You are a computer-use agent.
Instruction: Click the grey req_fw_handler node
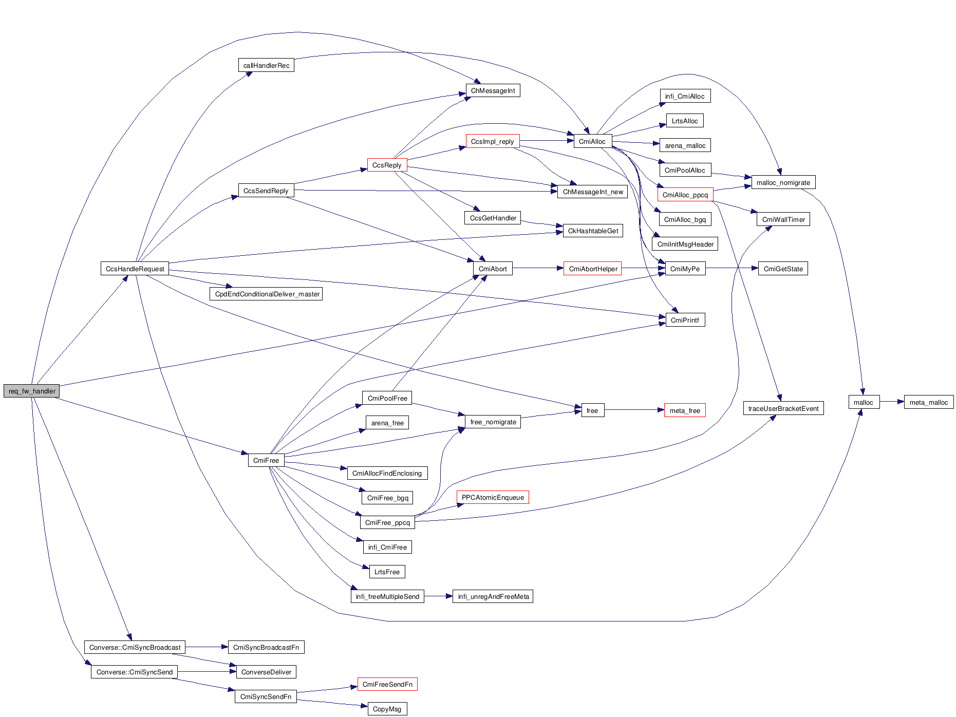point(32,391)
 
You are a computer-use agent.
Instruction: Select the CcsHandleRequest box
point(135,269)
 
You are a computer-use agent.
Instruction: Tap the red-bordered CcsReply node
point(387,165)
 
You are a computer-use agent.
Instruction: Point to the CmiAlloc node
point(592,141)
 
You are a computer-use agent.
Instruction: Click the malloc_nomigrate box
point(783,182)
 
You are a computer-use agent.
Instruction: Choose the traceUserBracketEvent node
point(783,408)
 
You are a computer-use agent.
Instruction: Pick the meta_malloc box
point(928,402)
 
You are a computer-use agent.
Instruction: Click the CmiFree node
point(266,460)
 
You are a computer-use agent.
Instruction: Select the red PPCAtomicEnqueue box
point(492,497)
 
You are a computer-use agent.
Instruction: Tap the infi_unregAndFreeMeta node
point(493,596)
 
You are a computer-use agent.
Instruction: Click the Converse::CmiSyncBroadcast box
point(135,647)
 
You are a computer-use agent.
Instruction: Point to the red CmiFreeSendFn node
point(387,684)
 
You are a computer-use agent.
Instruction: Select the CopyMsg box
point(387,709)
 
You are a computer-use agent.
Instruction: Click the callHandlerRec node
point(266,65)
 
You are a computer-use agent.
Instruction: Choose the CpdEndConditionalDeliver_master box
point(266,294)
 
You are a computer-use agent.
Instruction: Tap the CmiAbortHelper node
point(593,269)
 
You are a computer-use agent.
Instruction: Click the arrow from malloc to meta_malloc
point(892,402)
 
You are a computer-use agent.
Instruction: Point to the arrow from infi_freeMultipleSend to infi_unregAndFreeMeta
point(438,596)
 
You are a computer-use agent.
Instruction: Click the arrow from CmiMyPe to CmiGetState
point(732,268)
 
